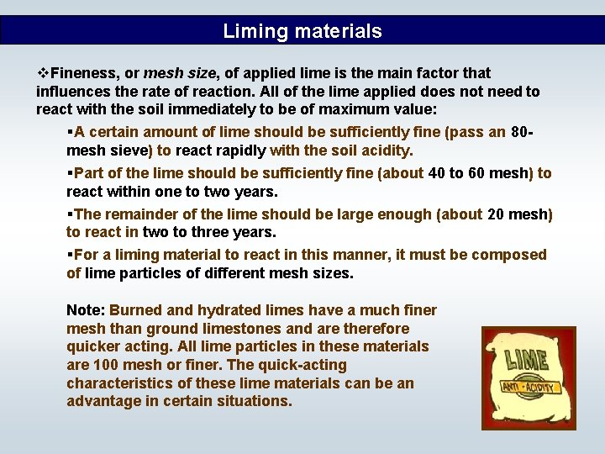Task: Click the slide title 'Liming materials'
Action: tap(302, 32)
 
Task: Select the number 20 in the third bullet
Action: tap(497, 214)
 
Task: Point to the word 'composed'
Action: tap(515, 254)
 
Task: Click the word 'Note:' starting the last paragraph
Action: tap(86, 310)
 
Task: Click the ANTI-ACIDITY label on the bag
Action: tap(529, 387)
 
